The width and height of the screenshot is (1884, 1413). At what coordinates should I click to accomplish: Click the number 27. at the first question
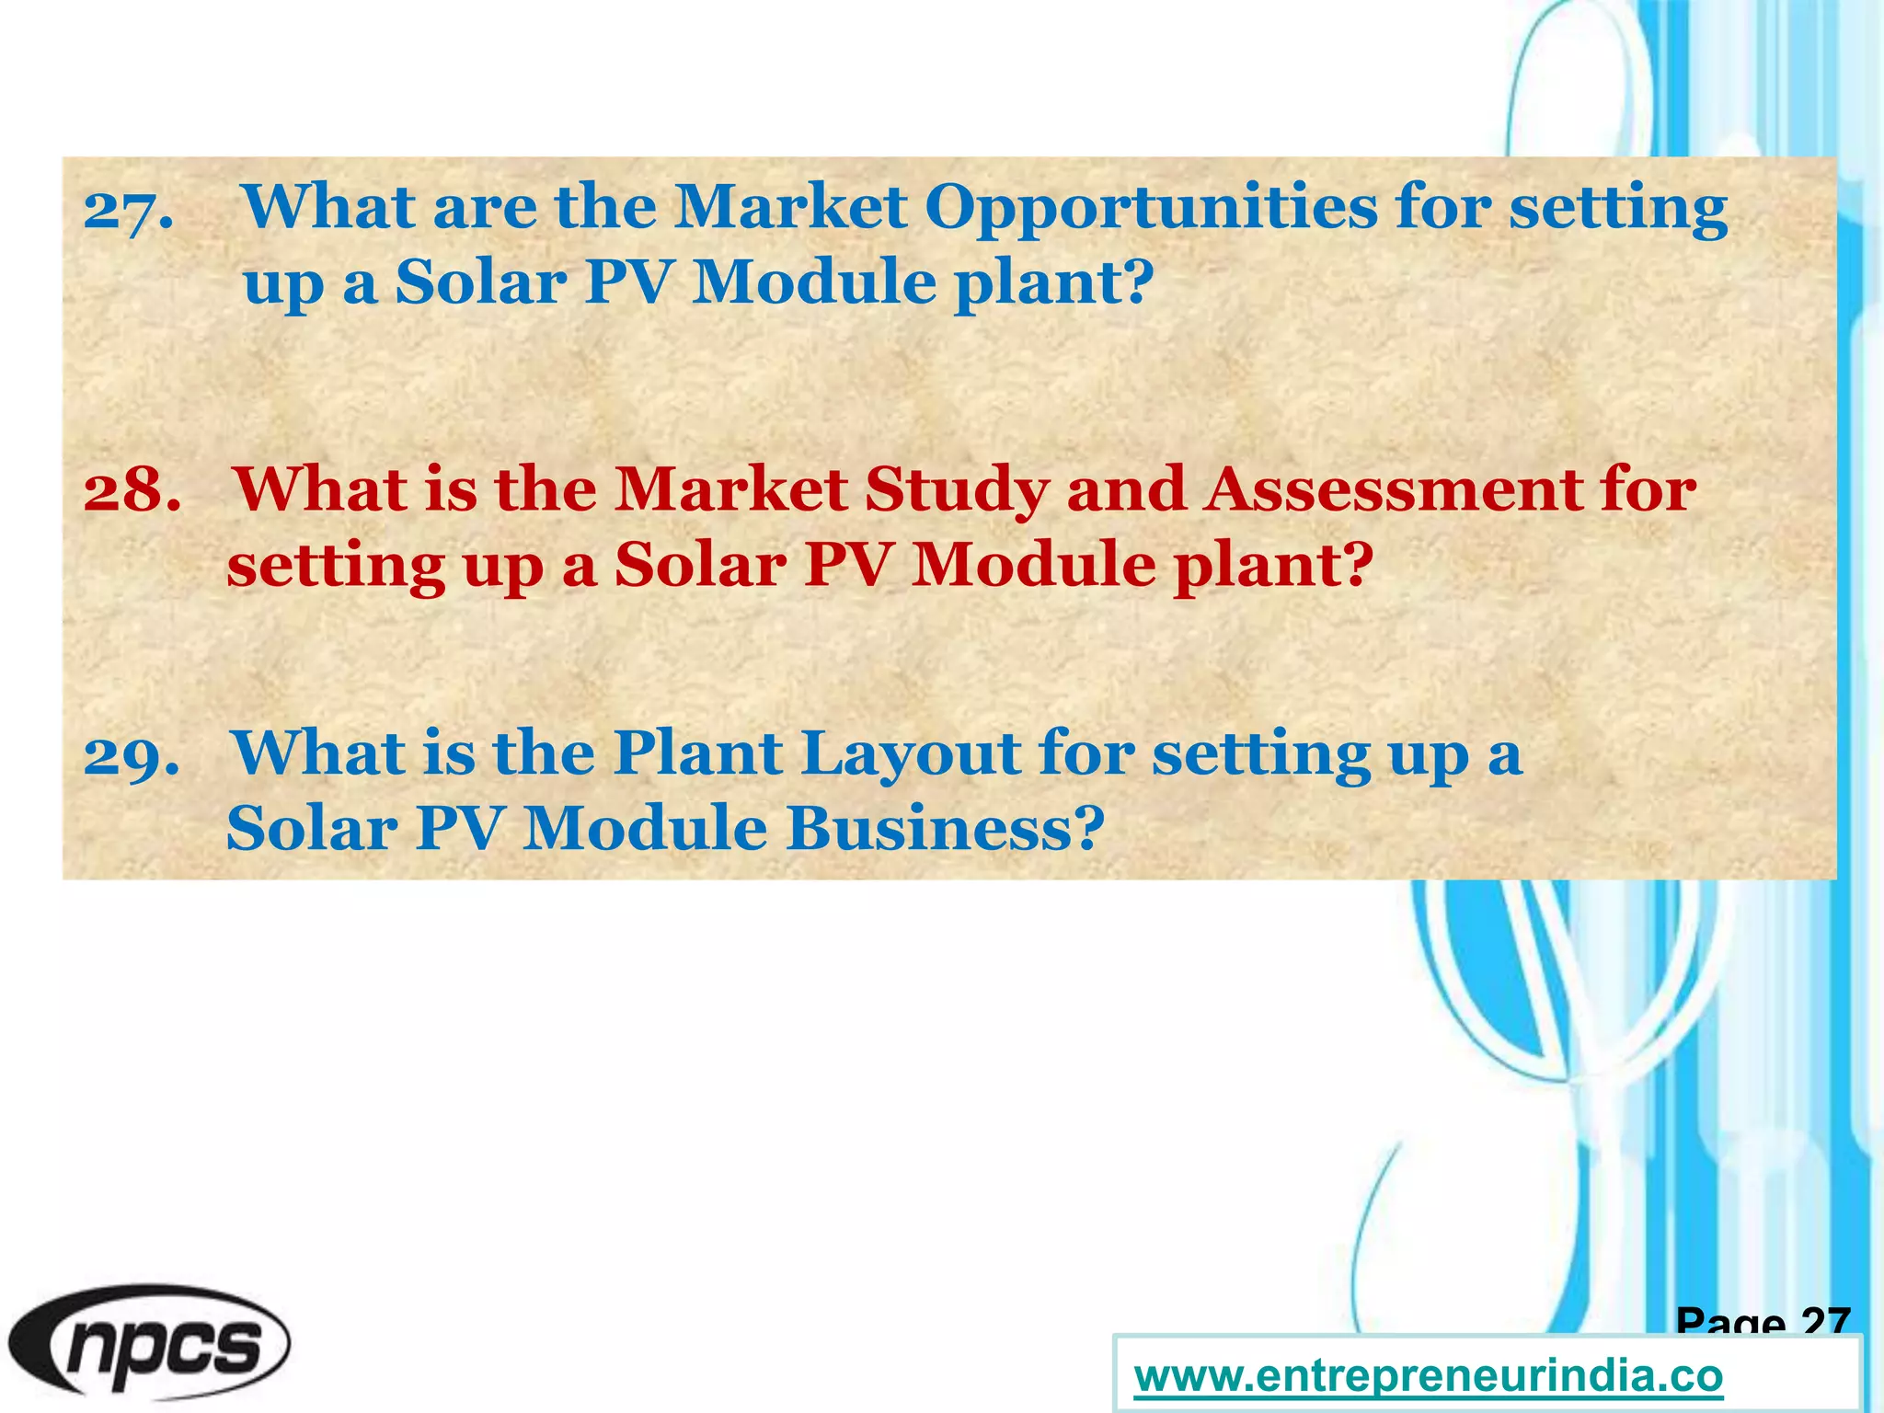click(128, 211)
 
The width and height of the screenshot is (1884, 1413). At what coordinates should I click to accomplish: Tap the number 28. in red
click(132, 491)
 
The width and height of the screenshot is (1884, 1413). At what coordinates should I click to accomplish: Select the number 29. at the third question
click(132, 756)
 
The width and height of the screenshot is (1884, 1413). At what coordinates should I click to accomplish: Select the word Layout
click(910, 754)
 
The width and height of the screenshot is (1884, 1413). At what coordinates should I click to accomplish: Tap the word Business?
click(945, 829)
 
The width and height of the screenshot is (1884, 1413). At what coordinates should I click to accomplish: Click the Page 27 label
click(1763, 1321)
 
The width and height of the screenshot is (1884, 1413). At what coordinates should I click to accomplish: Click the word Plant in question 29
click(698, 754)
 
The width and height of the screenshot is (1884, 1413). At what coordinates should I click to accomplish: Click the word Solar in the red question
click(700, 565)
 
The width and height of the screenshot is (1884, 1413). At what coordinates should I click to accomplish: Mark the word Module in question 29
click(645, 829)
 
